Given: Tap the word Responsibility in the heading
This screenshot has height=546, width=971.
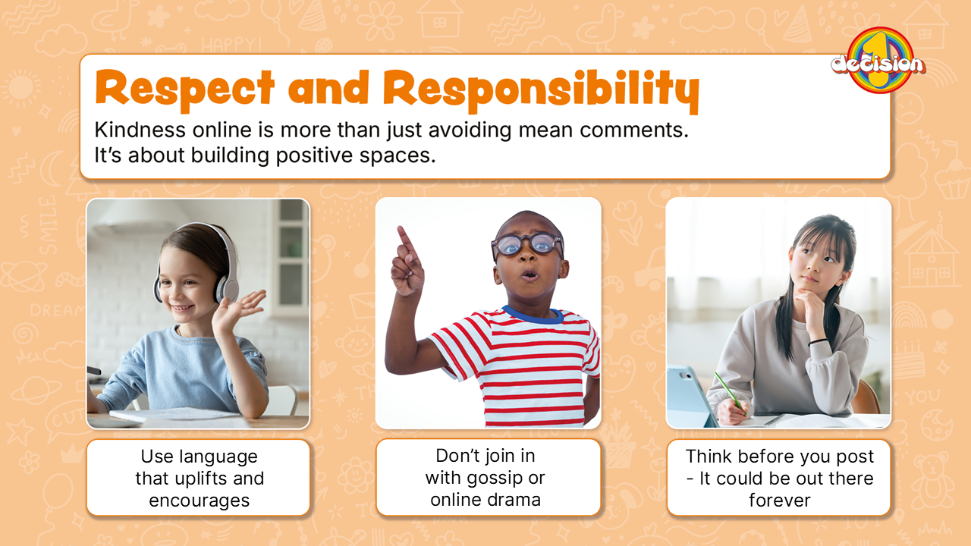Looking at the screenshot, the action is (541, 92).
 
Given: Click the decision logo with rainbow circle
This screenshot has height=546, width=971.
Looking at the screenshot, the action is (878, 61).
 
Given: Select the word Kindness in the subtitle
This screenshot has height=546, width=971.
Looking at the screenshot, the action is (140, 130).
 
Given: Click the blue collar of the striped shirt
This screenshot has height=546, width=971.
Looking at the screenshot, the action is (533, 315).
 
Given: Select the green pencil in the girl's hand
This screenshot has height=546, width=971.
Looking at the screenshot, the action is (730, 393).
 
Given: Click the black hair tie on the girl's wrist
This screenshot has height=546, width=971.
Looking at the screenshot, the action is (818, 342).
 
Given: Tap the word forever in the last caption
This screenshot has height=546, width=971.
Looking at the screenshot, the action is (779, 500).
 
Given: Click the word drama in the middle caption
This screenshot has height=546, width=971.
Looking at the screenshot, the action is (514, 500).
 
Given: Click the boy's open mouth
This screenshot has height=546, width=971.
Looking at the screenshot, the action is (529, 275).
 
